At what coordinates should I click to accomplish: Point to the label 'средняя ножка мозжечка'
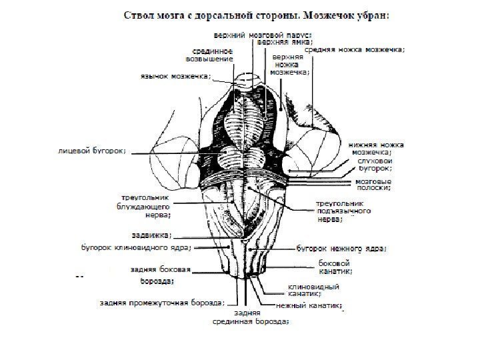tap(357, 49)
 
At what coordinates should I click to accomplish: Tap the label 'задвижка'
tap(151, 235)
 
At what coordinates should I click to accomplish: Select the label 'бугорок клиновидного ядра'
tap(135, 248)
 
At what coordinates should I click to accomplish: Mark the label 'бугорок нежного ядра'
tap(340, 249)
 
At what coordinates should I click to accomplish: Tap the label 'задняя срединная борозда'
tap(250, 317)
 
